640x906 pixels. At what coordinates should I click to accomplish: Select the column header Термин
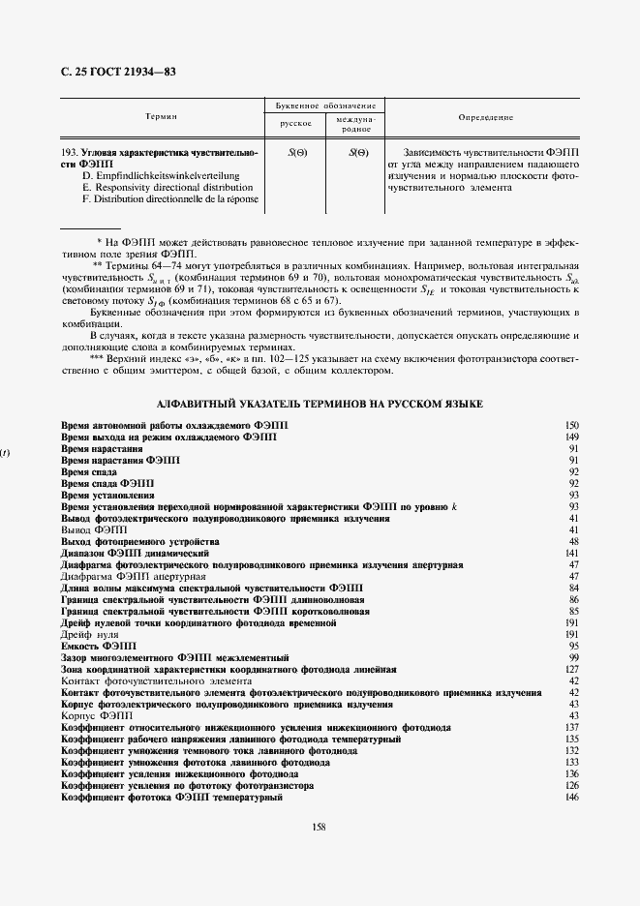(x=161, y=116)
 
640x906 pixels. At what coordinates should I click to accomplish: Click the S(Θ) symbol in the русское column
(x=297, y=153)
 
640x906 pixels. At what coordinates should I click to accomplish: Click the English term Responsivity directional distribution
(x=166, y=187)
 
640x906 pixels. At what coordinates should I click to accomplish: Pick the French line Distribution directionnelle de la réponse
(x=171, y=198)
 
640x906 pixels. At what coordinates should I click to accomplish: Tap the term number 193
(x=69, y=153)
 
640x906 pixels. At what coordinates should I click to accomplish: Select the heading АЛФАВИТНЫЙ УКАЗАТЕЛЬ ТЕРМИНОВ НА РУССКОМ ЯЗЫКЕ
(x=320, y=403)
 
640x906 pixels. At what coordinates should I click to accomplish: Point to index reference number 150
(x=571, y=426)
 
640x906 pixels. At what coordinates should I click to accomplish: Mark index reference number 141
(x=571, y=552)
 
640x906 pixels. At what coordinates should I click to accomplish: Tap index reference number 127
(x=571, y=669)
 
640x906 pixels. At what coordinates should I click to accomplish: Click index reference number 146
(x=571, y=797)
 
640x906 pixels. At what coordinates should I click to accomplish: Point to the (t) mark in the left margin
(x=6, y=451)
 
